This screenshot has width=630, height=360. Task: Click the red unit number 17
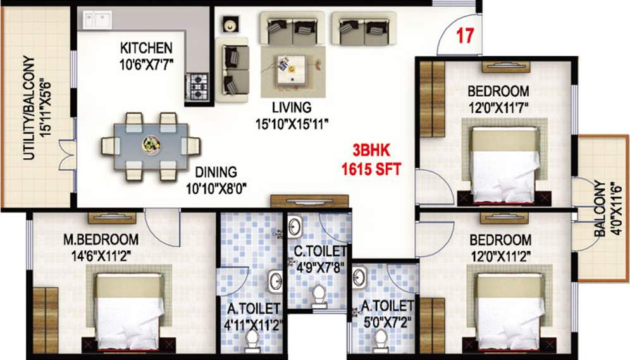pos(465,36)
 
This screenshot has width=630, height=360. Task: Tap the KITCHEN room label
pos(146,48)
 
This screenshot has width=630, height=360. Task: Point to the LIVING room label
pos(292,107)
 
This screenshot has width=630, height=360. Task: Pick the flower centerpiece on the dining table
pos(151,145)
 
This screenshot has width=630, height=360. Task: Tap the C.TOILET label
pos(320,252)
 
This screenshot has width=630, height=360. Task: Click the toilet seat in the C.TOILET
pos(319,296)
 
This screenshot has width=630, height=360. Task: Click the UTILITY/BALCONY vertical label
pos(29,108)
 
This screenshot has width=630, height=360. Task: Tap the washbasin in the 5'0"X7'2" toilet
pos(360,276)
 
